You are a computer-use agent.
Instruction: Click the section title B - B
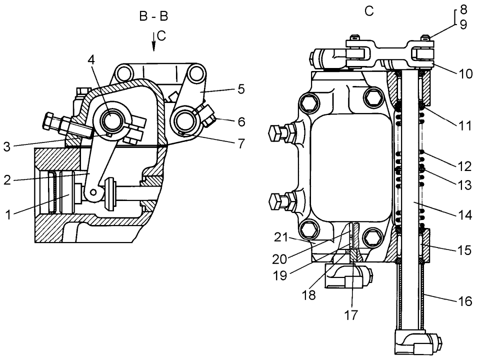pyautogui.click(x=154, y=16)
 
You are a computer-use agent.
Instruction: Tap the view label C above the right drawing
pyautogui.click(x=369, y=10)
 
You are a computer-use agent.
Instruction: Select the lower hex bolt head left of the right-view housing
pyautogui.click(x=276, y=202)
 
